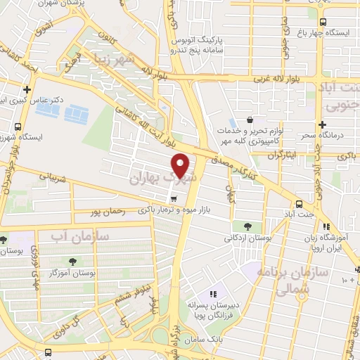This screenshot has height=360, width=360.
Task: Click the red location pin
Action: point(181,165)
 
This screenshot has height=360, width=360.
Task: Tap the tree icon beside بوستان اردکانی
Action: point(247,226)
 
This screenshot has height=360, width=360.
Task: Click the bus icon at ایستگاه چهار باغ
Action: point(323,22)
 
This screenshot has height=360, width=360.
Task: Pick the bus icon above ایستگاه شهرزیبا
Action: point(17,126)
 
